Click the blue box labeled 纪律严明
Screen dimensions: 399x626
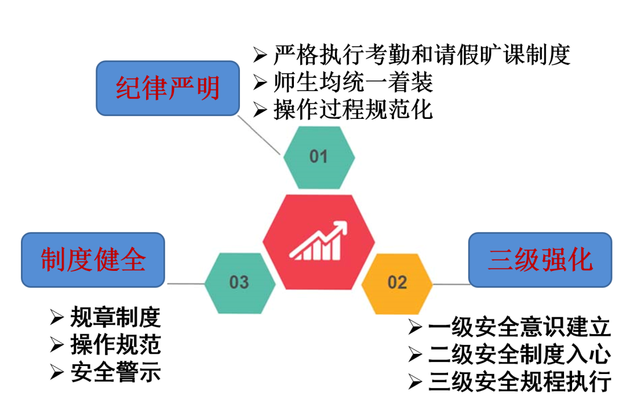[168, 89]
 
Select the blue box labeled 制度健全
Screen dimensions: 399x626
[93, 259]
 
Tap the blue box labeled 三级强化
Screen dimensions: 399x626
[540, 259]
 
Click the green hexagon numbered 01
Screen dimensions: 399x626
[319, 157]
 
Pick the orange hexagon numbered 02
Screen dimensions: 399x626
[397, 283]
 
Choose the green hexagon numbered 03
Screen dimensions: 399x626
[239, 283]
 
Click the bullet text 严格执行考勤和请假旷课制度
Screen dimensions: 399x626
[422, 55]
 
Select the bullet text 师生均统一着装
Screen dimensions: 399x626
[354, 82]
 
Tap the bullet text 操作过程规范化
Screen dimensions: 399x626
[354, 109]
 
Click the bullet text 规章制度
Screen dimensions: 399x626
[115, 318]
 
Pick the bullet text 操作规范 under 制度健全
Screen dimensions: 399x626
[115, 345]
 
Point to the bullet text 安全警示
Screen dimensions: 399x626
[115, 372]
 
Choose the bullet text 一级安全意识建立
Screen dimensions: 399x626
[519, 328]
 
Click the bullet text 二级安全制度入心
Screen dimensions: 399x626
[519, 354]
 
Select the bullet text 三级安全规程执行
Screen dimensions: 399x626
[519, 382]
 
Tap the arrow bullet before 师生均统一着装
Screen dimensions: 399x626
[260, 82]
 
